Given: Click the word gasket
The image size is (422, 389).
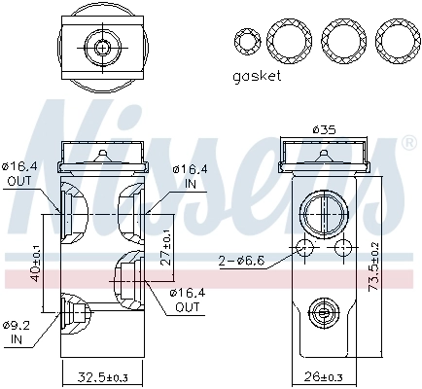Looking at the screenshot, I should tap(257, 75).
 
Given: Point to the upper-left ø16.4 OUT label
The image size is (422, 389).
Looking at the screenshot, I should tap(18, 173).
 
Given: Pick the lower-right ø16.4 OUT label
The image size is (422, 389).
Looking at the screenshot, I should tap(187, 299).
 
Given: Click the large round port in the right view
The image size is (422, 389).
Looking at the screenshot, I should tap(320, 211).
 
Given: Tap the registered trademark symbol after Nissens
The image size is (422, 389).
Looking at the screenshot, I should tap(406, 142).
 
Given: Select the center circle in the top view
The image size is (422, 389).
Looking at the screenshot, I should tap(100, 46).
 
